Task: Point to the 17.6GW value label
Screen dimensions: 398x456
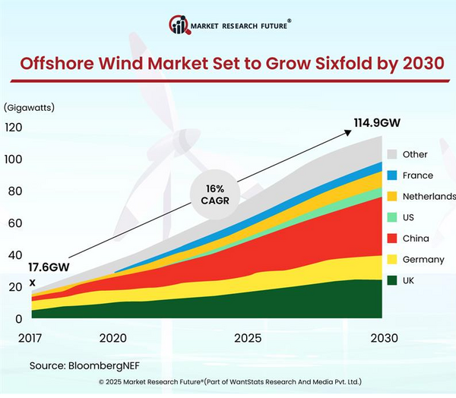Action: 49,267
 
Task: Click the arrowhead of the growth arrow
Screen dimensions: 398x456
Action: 347,132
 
